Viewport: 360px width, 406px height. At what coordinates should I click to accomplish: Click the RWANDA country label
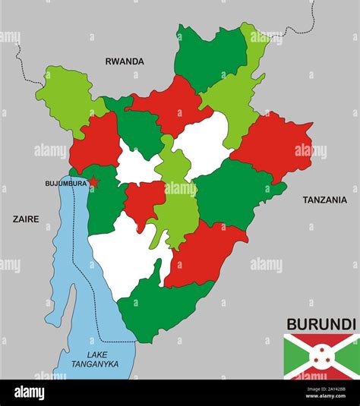tap(125, 61)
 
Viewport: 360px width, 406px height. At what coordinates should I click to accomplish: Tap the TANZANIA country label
tap(326, 200)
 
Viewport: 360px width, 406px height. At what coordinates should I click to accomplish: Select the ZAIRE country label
tap(26, 219)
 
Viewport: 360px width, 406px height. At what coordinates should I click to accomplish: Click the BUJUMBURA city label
tap(66, 183)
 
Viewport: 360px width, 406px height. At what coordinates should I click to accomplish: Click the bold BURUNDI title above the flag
tap(321, 323)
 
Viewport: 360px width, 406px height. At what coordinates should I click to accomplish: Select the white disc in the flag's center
tap(321, 355)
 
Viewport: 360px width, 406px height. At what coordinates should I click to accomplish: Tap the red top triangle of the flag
tap(321, 340)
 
